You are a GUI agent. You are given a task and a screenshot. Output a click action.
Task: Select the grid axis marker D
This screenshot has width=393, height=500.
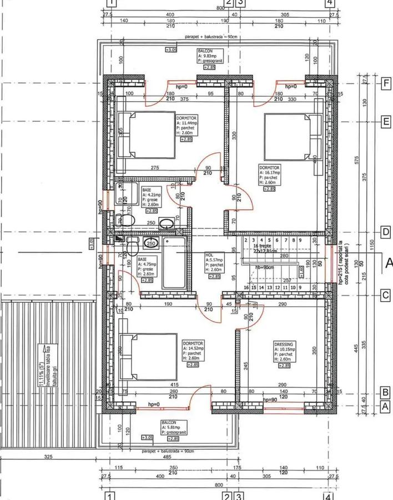tap(385, 232)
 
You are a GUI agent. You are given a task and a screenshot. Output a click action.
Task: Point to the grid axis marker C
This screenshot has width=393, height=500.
tap(385, 296)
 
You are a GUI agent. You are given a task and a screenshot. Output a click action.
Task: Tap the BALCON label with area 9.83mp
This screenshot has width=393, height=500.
tap(205, 51)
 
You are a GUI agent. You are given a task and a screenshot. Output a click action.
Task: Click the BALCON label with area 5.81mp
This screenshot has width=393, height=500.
tap(169, 423)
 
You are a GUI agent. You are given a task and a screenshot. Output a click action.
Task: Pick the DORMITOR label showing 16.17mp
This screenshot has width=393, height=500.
tap(269, 167)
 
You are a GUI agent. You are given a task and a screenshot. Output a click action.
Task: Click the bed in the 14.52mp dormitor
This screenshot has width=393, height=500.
tap(147, 357)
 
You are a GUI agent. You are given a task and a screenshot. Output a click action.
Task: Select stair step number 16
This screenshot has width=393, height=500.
tap(246, 288)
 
